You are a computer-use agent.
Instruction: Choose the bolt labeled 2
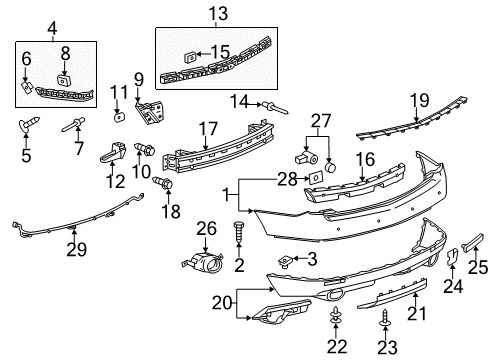coord(238,232)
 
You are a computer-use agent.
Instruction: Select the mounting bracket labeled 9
coord(149,113)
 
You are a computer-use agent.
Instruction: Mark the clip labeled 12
coord(111,155)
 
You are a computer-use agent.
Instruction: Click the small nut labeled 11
coord(118,116)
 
